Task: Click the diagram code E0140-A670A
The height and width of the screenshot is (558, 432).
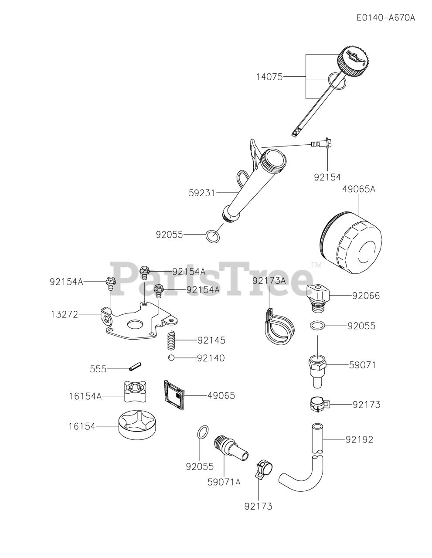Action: click(385, 18)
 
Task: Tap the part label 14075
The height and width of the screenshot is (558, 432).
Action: click(269, 77)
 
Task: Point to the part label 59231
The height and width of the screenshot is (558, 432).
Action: click(202, 192)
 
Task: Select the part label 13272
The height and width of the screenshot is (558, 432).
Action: click(65, 314)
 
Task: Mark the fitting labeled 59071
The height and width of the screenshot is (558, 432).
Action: click(318, 369)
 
